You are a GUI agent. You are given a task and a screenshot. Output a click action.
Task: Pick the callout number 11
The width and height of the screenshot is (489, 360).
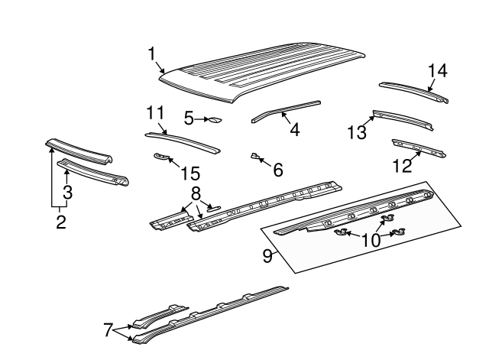(x=155, y=113)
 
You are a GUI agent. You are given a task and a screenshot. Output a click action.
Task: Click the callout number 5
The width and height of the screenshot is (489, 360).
(x=189, y=118)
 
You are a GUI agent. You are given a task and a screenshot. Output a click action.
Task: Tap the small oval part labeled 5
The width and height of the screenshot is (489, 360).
(x=215, y=119)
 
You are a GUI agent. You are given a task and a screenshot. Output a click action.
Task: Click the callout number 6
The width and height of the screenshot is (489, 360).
(x=277, y=170)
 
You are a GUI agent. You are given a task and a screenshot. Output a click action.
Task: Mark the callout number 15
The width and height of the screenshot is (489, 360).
(x=184, y=174)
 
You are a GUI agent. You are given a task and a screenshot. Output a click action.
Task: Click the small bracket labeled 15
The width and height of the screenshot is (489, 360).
(x=160, y=157)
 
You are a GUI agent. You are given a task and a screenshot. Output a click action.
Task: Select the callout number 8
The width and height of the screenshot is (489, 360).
(x=196, y=193)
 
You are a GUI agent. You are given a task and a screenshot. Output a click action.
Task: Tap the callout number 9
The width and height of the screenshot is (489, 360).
(x=267, y=256)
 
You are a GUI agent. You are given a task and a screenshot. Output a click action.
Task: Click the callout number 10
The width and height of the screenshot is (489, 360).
(x=371, y=240)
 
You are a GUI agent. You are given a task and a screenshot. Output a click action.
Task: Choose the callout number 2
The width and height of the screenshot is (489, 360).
(x=60, y=222)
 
